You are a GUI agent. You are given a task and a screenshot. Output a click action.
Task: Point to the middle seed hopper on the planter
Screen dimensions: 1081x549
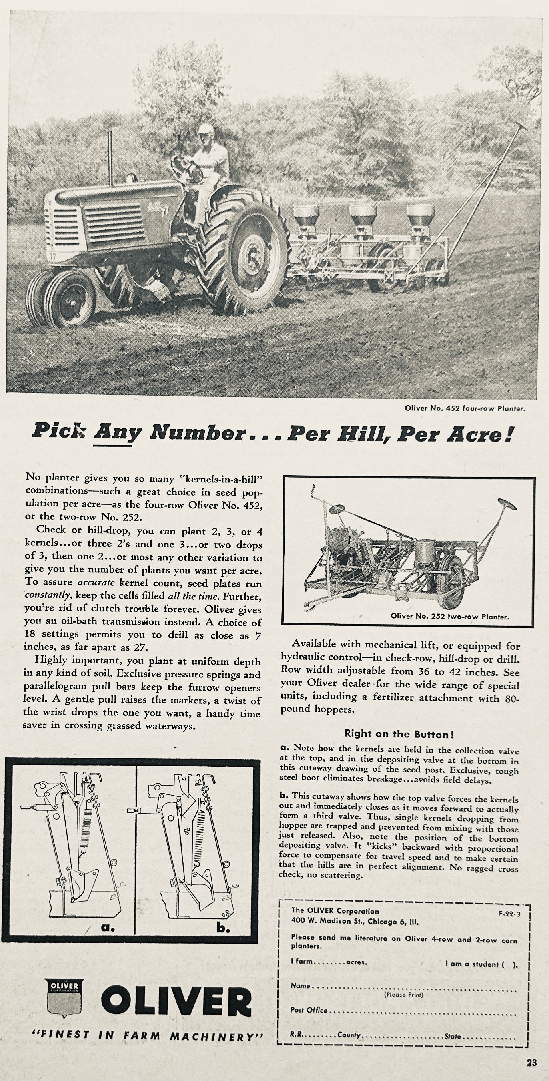point(363,216)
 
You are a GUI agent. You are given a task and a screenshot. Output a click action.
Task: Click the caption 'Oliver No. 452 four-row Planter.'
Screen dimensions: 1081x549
point(465,408)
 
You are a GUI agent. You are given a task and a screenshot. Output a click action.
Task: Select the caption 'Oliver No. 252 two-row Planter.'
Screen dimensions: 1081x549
point(450,617)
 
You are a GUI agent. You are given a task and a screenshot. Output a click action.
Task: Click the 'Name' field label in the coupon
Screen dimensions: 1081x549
point(300,986)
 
